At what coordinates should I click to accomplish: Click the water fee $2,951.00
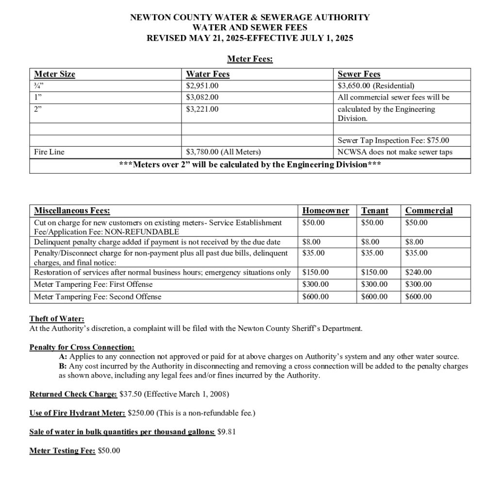(x=202, y=86)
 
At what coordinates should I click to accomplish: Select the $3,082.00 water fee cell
(x=202, y=97)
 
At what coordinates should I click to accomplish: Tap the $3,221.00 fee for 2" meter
(x=202, y=109)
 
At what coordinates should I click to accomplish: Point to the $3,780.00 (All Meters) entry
(x=223, y=152)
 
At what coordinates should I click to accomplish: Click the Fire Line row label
(x=49, y=152)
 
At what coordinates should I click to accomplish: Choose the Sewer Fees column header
(x=359, y=74)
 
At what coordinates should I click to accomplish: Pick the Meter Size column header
(x=54, y=74)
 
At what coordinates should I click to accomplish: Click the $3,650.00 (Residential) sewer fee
(x=376, y=86)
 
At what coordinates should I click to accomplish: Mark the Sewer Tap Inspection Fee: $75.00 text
(x=393, y=140)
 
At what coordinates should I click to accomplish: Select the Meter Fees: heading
(x=250, y=59)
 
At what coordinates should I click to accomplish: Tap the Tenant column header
(x=375, y=211)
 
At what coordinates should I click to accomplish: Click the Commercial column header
(x=429, y=211)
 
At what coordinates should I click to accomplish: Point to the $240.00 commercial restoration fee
(x=418, y=273)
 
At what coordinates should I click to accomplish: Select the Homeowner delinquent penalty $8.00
(x=311, y=242)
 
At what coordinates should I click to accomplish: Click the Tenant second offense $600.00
(x=374, y=297)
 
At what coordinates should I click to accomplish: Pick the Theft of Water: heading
(x=57, y=319)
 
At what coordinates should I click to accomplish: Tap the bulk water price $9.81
(x=227, y=431)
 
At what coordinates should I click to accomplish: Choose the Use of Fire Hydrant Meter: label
(x=77, y=413)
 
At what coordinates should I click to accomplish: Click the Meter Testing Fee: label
(x=62, y=450)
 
